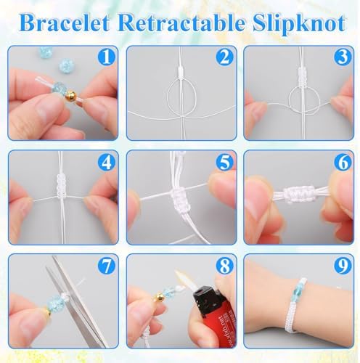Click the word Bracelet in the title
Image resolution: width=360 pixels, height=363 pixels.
tap(65, 23)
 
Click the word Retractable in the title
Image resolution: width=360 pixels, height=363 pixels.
tap(180, 23)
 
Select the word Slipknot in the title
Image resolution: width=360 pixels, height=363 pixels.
tap(299, 24)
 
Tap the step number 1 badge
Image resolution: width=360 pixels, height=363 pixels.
tap(106, 57)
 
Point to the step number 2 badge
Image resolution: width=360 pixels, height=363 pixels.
tap(224, 57)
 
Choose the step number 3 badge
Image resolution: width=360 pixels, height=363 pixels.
tap(343, 57)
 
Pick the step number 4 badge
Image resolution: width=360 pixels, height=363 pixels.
tap(106, 162)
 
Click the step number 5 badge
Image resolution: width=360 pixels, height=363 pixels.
tap(224, 162)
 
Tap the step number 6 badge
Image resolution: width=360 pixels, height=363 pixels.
tap(343, 162)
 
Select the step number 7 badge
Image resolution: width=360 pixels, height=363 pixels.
tap(106, 266)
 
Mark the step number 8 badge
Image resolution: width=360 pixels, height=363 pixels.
tap(224, 266)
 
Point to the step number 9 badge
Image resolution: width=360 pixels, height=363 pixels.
tap(343, 266)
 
